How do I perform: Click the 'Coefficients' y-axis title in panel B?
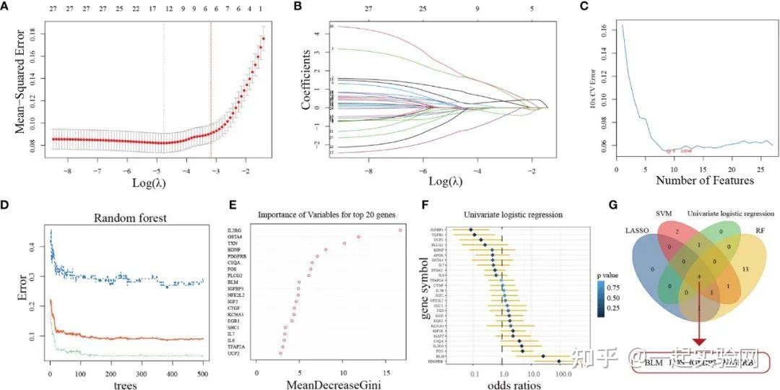(x=306, y=79)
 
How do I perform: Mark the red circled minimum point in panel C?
(x=669, y=151)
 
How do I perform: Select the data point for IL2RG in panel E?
(x=400, y=230)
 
